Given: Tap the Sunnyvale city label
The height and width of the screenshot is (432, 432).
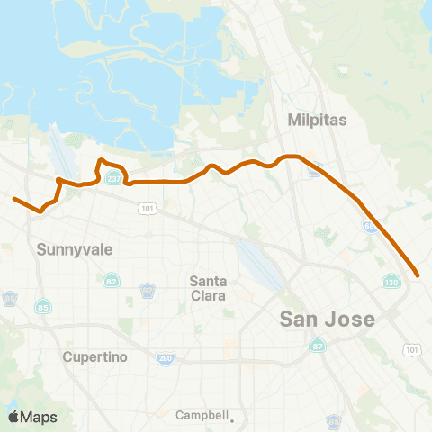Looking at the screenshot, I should tap(75, 249).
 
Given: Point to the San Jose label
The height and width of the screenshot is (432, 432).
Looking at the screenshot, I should tap(327, 319).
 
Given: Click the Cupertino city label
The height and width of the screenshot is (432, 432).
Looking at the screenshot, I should tap(96, 356).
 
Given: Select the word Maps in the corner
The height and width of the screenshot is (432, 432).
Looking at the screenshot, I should tap(40, 417).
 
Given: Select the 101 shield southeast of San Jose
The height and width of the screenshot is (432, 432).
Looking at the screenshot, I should tap(411, 349).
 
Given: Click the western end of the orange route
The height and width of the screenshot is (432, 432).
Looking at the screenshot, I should tap(13, 199).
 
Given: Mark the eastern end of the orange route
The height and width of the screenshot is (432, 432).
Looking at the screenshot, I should tap(418, 274).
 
